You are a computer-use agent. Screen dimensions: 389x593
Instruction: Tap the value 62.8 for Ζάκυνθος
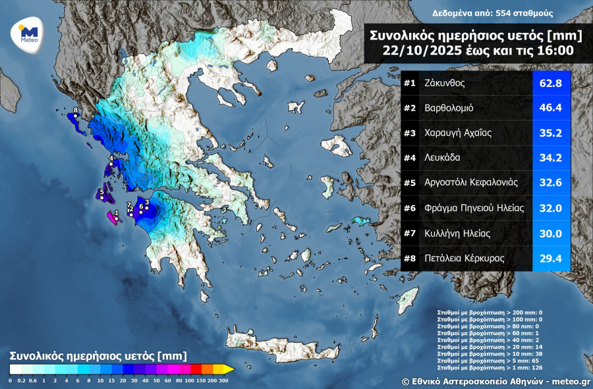click(x=551, y=83)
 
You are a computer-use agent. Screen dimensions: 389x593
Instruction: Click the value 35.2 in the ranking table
click(x=551, y=133)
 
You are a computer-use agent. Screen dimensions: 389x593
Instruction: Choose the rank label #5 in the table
click(x=410, y=183)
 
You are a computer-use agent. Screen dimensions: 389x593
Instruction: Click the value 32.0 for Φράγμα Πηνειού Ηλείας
click(x=551, y=208)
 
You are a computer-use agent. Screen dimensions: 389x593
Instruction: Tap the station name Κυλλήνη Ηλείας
click(x=460, y=233)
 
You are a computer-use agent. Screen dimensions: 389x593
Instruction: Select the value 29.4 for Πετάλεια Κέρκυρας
click(x=551, y=258)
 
